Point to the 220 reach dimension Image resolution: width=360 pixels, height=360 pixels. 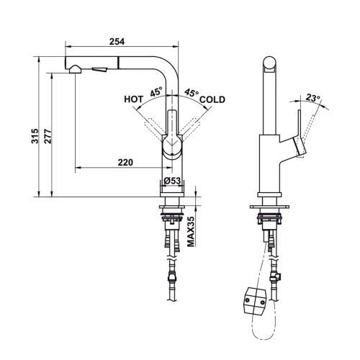[125, 162]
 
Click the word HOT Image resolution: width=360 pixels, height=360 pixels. [133, 100]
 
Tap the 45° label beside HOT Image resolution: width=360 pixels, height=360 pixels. [156, 92]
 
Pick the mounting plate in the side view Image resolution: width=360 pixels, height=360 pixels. [270, 207]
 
